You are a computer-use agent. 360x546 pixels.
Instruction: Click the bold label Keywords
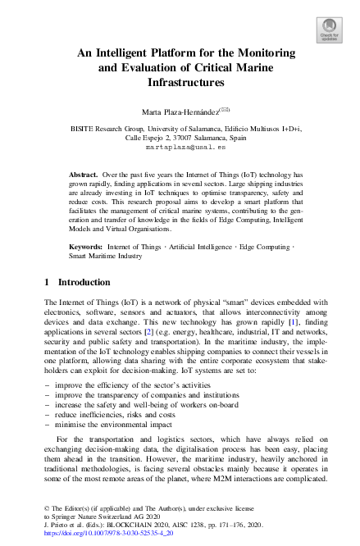(x=86, y=246)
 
